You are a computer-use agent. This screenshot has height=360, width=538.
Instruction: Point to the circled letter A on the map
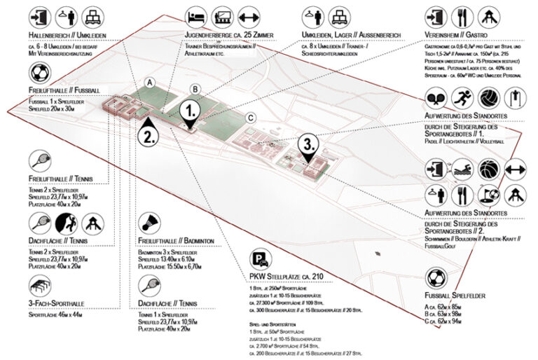click(x=149, y=83)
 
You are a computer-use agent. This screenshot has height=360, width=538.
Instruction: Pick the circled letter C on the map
click(x=250, y=118)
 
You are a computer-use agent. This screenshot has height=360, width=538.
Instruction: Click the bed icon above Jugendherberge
click(x=196, y=15)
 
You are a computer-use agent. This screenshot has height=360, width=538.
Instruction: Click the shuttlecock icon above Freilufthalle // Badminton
click(x=149, y=223)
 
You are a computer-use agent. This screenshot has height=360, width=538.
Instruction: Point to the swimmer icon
click(x=462, y=169)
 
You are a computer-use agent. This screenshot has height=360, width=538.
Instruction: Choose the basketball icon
click(x=488, y=169)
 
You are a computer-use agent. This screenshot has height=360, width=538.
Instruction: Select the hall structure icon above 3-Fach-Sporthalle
click(x=40, y=285)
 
